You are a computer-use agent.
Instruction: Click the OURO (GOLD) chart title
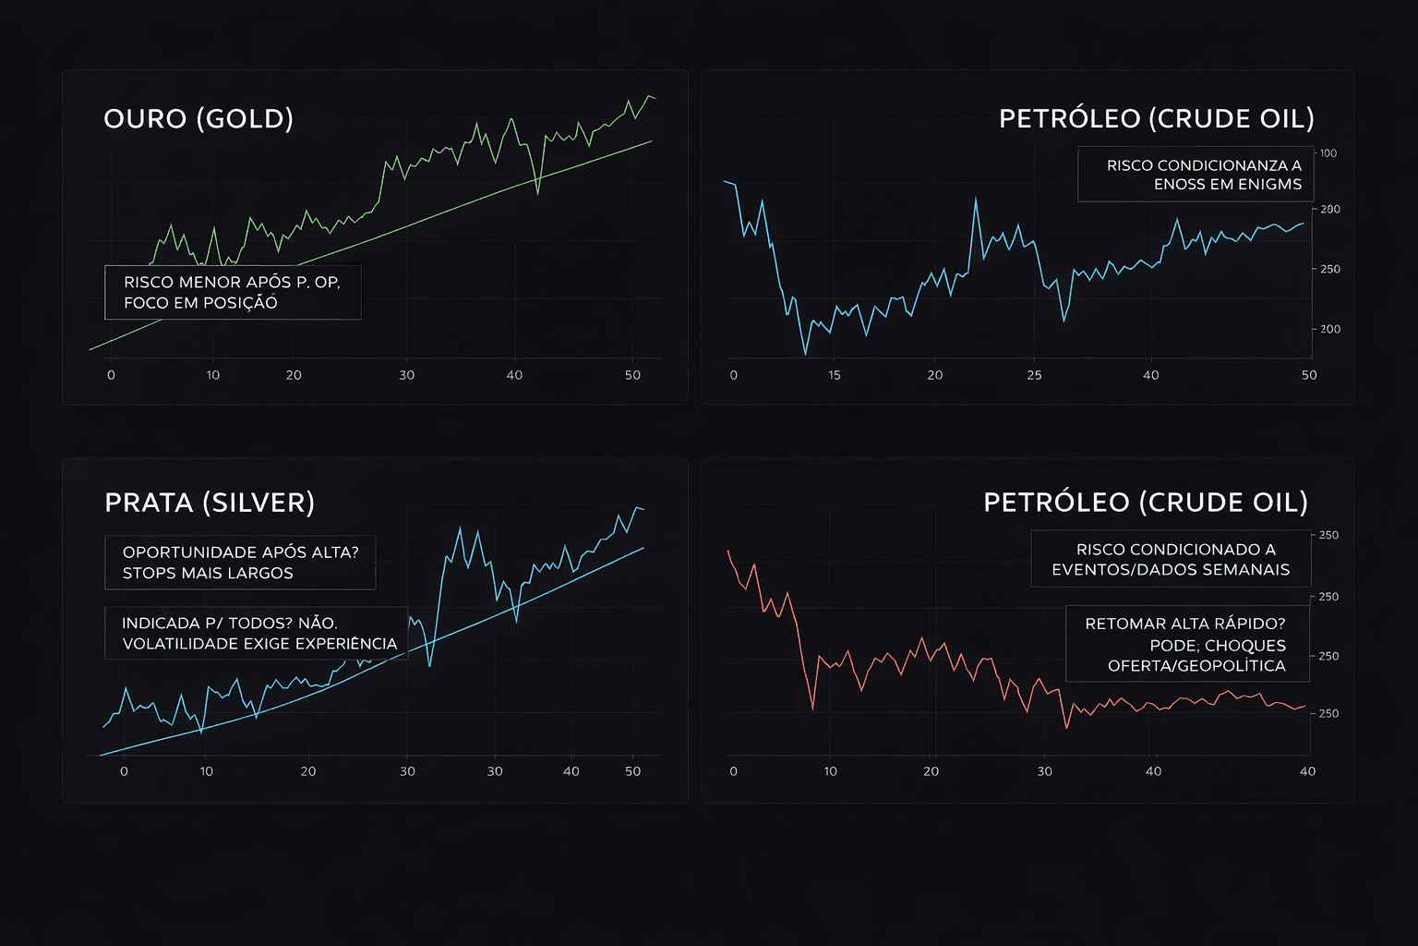click(198, 119)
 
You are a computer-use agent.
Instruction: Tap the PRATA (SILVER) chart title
click(210, 503)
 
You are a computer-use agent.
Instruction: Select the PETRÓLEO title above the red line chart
click(1145, 503)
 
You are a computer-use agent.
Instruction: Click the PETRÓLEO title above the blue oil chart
click(1156, 119)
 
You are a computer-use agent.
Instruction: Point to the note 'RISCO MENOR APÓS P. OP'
click(232, 283)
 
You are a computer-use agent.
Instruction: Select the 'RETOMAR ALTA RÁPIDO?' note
click(1184, 624)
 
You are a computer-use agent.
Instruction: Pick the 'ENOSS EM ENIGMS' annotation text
click(1227, 185)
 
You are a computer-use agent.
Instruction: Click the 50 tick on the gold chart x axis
click(632, 375)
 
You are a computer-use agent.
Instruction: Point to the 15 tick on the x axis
click(835, 375)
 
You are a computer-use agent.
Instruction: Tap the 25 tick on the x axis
click(1034, 375)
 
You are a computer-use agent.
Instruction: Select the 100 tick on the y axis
click(1328, 153)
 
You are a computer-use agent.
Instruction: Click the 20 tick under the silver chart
click(307, 771)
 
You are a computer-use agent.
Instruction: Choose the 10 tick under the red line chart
click(830, 771)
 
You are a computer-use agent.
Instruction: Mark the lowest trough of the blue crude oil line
click(805, 354)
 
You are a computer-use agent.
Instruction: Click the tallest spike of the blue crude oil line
click(975, 197)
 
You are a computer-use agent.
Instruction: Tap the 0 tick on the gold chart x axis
click(111, 375)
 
